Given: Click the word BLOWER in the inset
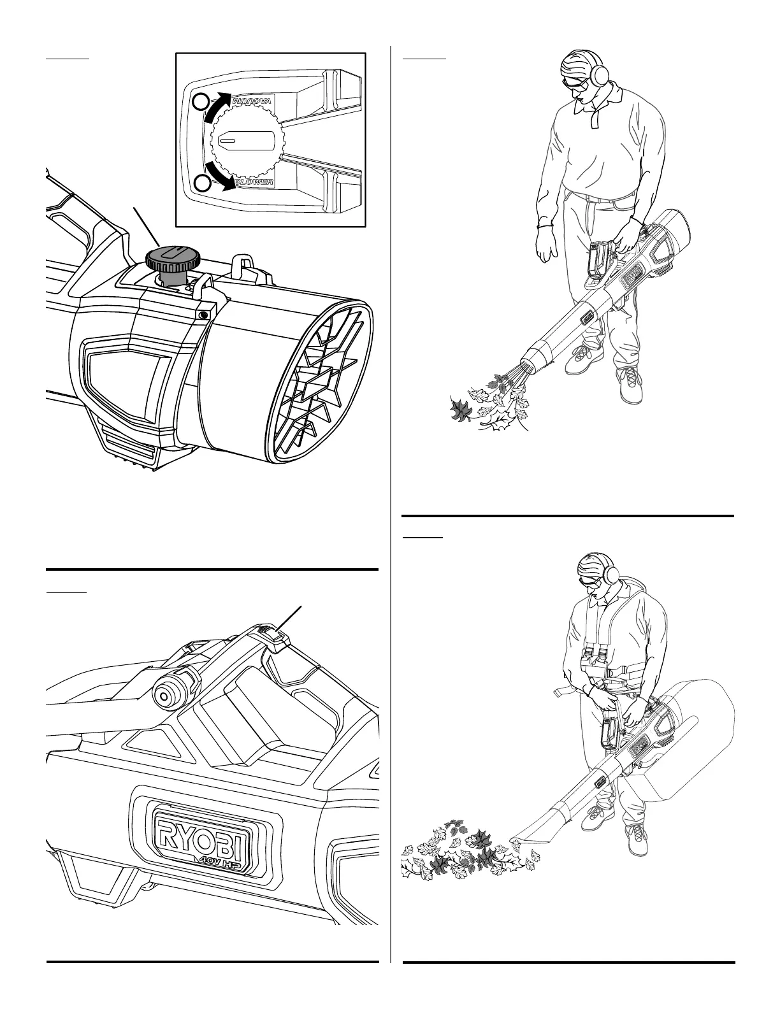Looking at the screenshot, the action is click(253, 183).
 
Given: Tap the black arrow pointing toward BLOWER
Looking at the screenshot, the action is click(218, 177).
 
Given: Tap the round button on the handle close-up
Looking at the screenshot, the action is click(167, 697).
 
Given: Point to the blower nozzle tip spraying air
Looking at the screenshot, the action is click(530, 362).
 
